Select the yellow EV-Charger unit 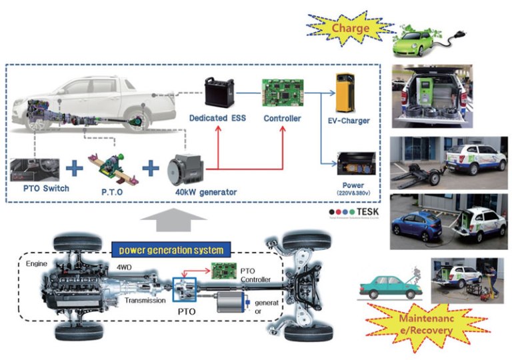(x=349, y=93)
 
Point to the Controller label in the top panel (x=282, y=119)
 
